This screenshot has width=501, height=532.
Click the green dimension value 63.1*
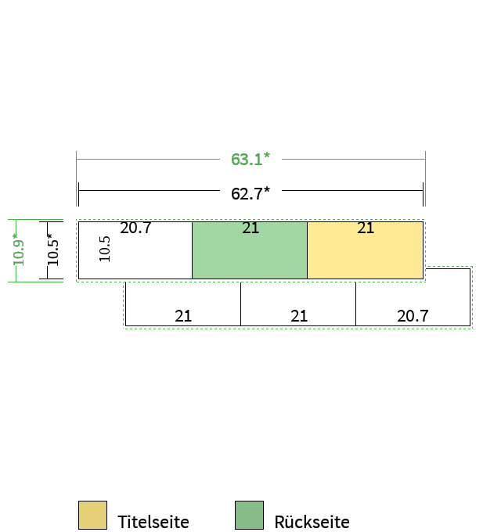pyautogui.click(x=250, y=159)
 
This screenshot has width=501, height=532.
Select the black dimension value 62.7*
pyautogui.click(x=250, y=194)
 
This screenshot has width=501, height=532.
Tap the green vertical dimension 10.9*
pyautogui.click(x=18, y=250)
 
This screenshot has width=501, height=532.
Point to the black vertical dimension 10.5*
pyautogui.click(x=52, y=250)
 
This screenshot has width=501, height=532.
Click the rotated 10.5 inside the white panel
pyautogui.click(x=105, y=249)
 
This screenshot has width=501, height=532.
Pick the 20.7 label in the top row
pyautogui.click(x=135, y=228)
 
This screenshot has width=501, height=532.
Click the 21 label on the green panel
pyautogui.click(x=250, y=228)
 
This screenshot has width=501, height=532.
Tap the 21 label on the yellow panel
pyautogui.click(x=366, y=228)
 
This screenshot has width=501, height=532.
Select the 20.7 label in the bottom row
pyautogui.click(x=413, y=316)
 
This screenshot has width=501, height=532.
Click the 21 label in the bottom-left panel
pyautogui.click(x=183, y=316)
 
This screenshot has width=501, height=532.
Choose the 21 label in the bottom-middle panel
pyautogui.click(x=299, y=316)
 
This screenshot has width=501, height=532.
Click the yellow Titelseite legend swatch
pyautogui.click(x=92, y=515)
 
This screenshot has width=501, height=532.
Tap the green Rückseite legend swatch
pyautogui.click(x=249, y=515)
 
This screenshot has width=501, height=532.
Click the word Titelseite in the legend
pyautogui.click(x=153, y=522)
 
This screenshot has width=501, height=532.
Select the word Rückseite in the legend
pyautogui.click(x=312, y=522)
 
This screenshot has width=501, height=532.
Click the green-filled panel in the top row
pyautogui.click(x=250, y=250)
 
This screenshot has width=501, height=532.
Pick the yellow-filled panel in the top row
pyautogui.click(x=366, y=250)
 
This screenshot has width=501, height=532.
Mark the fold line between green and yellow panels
pyautogui.click(x=307, y=250)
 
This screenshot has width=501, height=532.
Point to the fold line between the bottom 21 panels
pyautogui.click(x=240, y=304)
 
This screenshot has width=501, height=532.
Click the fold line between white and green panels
pyautogui.click(x=192, y=250)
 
